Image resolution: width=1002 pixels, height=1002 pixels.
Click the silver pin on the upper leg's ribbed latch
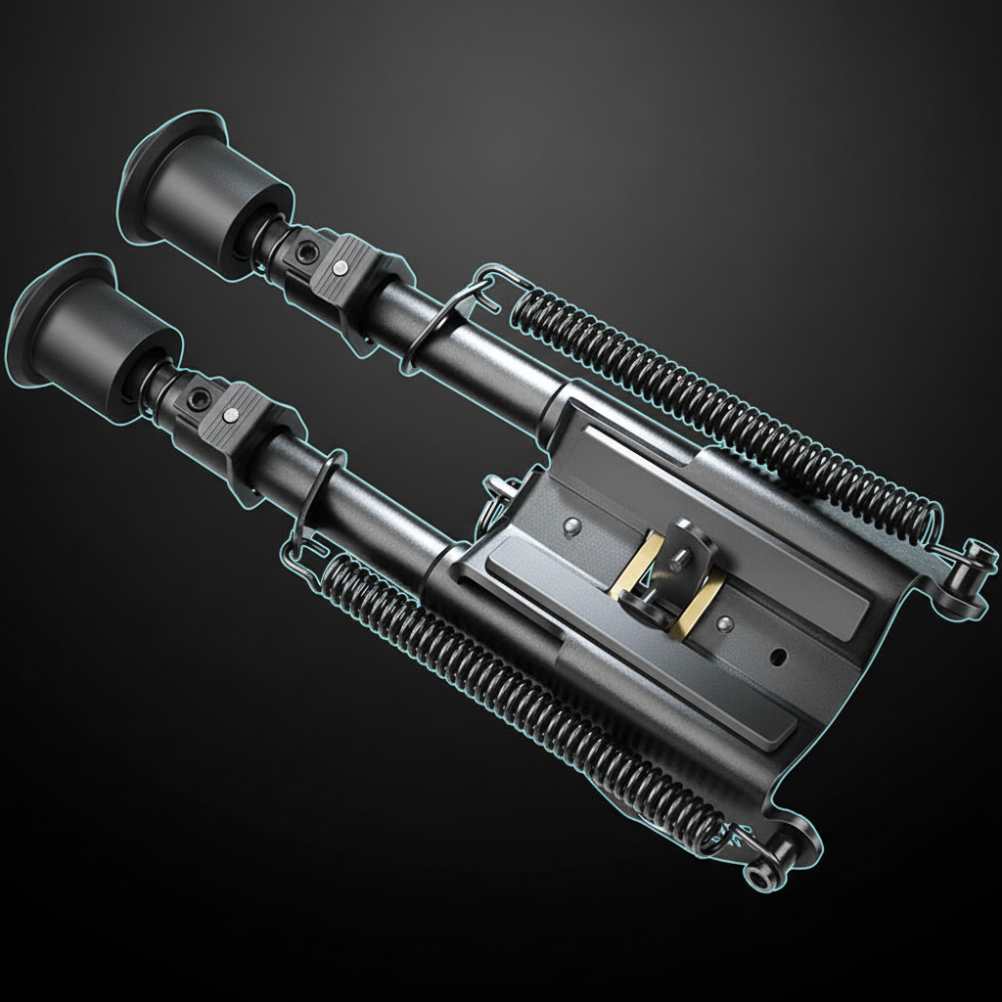point(340,267)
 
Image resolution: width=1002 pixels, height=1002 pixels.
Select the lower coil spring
point(528,685)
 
